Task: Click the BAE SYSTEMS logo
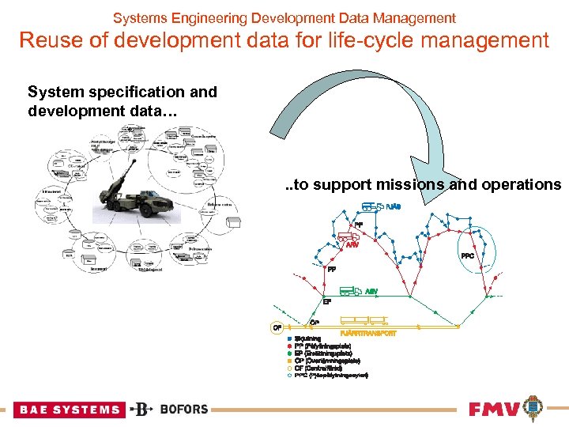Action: (x=69, y=410)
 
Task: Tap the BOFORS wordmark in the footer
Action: (x=183, y=409)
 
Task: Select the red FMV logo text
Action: (x=494, y=410)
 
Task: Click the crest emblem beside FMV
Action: (x=533, y=407)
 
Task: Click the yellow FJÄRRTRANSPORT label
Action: (x=367, y=334)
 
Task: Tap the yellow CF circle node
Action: (x=277, y=326)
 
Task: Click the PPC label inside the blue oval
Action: (x=467, y=255)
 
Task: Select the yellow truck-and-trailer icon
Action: (x=367, y=321)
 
